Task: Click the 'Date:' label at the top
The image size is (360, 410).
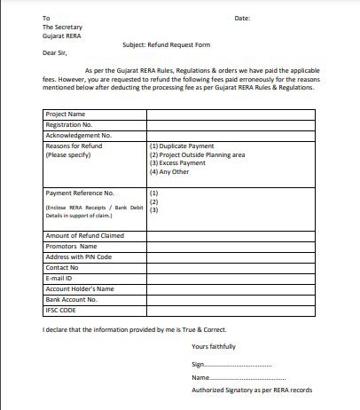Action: click(242, 18)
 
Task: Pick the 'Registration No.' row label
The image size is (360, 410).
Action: click(69, 125)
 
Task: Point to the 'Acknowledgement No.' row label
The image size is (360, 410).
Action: click(77, 135)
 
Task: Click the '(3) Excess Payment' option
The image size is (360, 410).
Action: click(179, 163)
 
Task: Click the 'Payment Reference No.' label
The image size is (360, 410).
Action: click(80, 193)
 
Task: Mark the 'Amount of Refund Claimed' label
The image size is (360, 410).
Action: click(83, 235)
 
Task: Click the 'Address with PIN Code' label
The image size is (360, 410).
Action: click(79, 256)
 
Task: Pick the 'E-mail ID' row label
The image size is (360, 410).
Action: click(60, 278)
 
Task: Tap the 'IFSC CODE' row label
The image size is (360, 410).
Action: click(62, 310)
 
